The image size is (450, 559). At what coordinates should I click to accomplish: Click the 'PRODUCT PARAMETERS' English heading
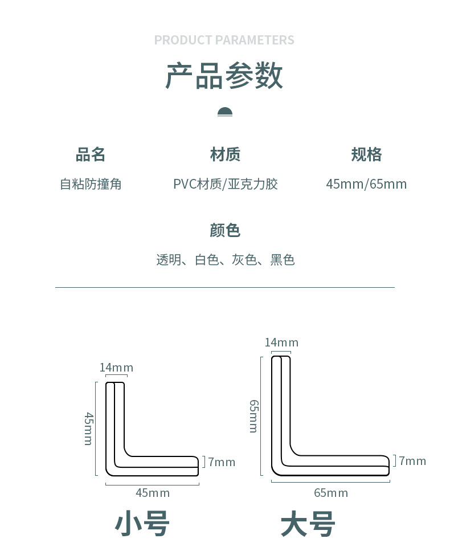click(224, 40)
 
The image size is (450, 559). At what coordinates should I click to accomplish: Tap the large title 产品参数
click(224, 76)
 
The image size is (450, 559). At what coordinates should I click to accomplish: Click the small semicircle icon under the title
click(225, 112)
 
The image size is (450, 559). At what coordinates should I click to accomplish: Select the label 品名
click(91, 154)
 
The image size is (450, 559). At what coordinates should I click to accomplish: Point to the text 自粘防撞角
click(91, 184)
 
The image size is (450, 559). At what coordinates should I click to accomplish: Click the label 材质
click(225, 154)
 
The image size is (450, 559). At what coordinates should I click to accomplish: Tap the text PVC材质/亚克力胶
click(225, 184)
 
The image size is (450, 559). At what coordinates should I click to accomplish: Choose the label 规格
click(366, 154)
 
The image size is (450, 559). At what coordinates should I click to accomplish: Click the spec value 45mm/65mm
click(366, 184)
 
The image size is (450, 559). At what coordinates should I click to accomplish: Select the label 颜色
click(225, 230)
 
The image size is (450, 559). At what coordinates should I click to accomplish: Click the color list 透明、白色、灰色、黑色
click(225, 260)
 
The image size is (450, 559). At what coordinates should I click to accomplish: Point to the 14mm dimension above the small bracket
click(116, 368)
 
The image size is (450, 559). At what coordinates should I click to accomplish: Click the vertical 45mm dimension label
click(88, 429)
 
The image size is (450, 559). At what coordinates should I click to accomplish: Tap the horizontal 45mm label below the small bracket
click(153, 493)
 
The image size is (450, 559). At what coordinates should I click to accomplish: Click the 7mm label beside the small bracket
click(222, 462)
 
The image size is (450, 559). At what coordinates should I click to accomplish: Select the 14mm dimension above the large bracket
click(281, 342)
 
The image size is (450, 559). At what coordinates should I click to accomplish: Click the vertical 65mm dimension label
click(254, 416)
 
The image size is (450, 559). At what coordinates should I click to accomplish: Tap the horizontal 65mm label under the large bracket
click(331, 493)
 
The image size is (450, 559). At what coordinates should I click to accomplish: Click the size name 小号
click(142, 524)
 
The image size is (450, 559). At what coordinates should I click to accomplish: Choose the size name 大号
click(308, 524)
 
